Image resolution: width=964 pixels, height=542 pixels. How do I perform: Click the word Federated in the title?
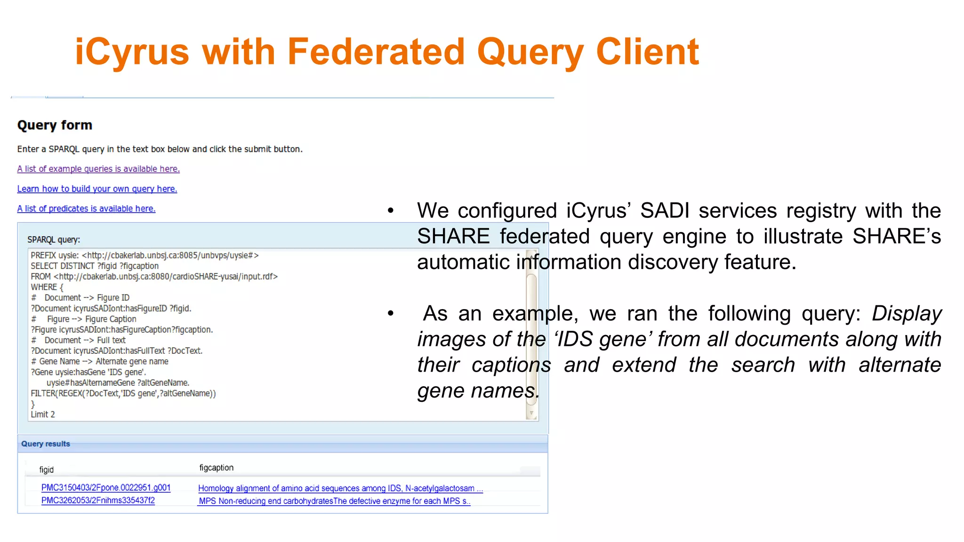pos(376,52)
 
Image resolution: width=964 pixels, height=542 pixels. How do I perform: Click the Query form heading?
pos(55,125)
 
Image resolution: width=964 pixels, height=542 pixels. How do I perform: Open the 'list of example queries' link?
pos(98,169)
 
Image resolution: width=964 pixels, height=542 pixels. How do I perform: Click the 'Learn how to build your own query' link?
pos(97,189)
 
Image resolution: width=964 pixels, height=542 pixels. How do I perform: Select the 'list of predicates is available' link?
pos(86,208)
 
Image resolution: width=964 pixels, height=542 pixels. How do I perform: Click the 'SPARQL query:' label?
pos(54,239)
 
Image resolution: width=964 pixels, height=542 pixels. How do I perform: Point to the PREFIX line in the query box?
pos(145,255)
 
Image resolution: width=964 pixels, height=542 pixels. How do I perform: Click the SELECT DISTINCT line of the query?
pos(95,266)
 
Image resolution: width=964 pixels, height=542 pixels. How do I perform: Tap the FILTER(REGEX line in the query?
pos(123,393)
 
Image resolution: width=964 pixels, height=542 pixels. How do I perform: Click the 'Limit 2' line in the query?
pos(43,414)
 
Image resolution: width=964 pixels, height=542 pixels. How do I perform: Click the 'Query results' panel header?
pos(46,444)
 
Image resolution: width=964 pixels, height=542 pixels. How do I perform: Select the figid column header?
pos(46,470)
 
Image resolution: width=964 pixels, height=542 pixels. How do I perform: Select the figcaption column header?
pos(216,468)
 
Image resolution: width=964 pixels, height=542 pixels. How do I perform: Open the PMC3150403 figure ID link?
pos(106,488)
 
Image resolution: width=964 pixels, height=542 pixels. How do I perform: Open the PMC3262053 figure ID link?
pos(98,501)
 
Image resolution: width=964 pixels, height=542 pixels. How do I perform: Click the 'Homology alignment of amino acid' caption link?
pos(340,488)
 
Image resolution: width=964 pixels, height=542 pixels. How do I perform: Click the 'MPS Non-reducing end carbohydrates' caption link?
pos(334,501)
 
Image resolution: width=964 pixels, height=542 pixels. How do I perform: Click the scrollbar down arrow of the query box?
pos(531,414)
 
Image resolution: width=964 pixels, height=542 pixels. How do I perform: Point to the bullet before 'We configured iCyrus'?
pos(390,211)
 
